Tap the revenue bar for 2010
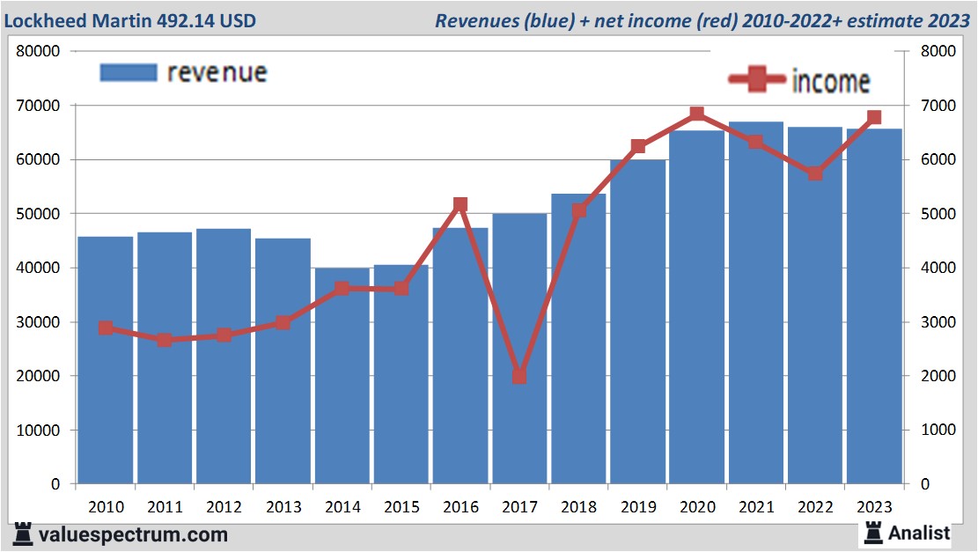click(105, 360)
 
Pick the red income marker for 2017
click(519, 376)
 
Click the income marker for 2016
click(460, 204)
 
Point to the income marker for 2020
click(697, 114)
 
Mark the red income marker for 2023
click(874, 117)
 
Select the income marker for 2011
click(165, 340)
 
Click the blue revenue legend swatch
click(129, 72)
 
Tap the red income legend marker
click(757, 80)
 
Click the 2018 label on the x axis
click(578, 507)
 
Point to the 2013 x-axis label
click(283, 507)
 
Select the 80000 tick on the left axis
click(38, 51)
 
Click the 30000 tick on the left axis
click(38, 322)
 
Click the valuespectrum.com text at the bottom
click(133, 534)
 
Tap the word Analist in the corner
click(919, 533)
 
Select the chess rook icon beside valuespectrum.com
click(24, 534)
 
